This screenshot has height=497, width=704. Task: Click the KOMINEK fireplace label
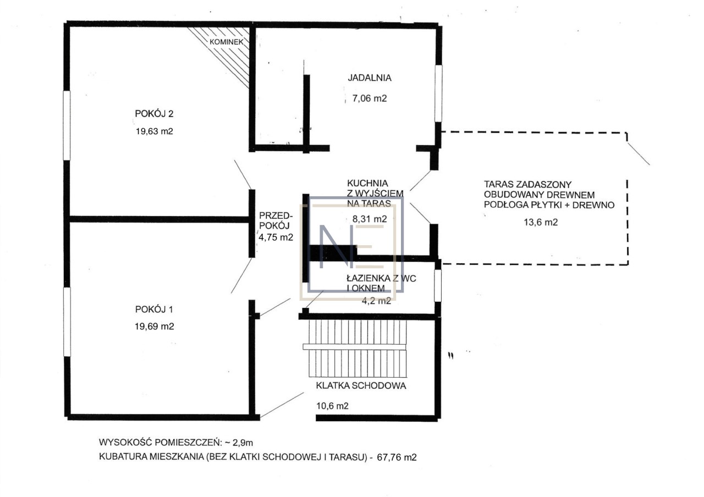226,42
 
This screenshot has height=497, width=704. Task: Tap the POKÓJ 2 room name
154,113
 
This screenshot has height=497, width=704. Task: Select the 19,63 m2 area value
155,131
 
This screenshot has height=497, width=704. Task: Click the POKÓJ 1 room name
154,310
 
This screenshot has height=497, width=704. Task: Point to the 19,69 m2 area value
155,327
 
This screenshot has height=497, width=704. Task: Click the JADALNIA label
369,78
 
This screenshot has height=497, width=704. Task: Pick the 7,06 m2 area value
369,98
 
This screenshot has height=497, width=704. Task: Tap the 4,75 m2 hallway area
276,237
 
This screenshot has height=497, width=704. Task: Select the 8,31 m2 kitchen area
370,219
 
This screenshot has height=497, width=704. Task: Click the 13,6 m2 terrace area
541,223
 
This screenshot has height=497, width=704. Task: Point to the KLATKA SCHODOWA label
361,385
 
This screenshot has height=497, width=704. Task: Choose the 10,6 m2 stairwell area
332,406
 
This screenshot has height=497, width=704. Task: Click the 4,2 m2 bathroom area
376,301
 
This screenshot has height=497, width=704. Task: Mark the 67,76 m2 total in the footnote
397,457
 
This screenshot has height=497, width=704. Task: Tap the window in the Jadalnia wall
438,93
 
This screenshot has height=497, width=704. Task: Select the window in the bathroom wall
438,285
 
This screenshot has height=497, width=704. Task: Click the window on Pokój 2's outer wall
67,126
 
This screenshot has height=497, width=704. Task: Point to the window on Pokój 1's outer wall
67,322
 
